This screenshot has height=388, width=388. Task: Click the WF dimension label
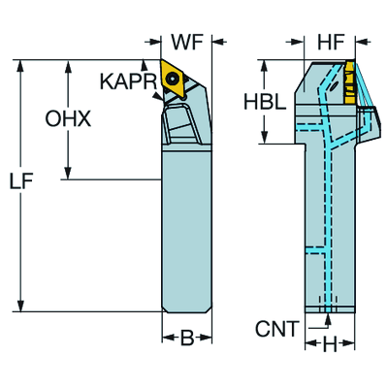[187, 42]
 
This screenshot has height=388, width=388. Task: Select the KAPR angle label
[128, 81]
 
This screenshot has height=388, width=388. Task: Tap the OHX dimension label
[68, 118]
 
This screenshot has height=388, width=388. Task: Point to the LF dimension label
[21, 182]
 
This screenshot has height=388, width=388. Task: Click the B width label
[187, 339]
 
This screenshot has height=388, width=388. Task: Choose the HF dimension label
[330, 42]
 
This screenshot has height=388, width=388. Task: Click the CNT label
[276, 329]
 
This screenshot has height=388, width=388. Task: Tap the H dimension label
[330, 344]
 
